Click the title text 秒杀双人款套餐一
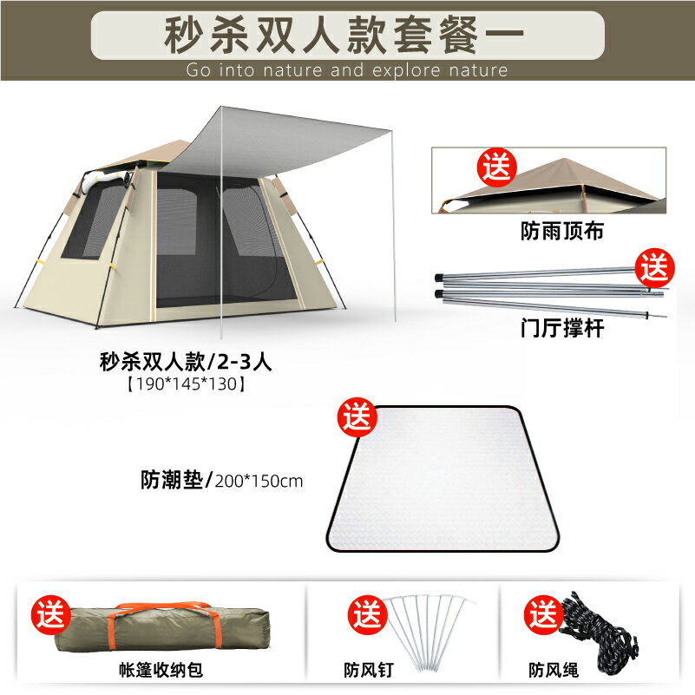(347, 34)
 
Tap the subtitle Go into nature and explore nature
(347, 70)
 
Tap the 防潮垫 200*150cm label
(221, 479)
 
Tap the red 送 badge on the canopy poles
(654, 266)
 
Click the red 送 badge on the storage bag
(51, 615)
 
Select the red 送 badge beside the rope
(541, 615)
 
